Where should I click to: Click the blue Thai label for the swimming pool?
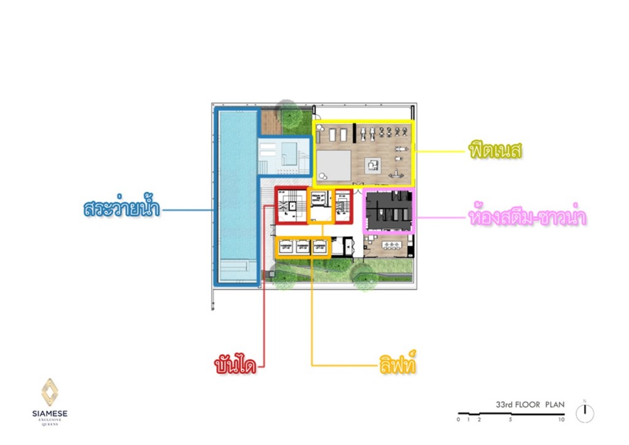pyautogui.click(x=122, y=208)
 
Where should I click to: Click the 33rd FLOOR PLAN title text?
pyautogui.click(x=530, y=404)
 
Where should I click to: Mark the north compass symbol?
pyautogui.click(x=585, y=413)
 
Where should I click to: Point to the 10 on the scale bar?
pyautogui.click(x=561, y=420)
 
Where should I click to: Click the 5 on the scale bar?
pyautogui.click(x=510, y=420)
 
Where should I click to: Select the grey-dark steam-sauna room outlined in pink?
pyautogui.click(x=389, y=210)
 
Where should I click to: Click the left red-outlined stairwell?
pyautogui.click(x=290, y=205)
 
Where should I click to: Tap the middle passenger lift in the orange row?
pyautogui.click(x=302, y=246)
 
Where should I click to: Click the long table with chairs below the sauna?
pyautogui.click(x=391, y=246)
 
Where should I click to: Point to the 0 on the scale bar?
pyautogui.click(x=458, y=420)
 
